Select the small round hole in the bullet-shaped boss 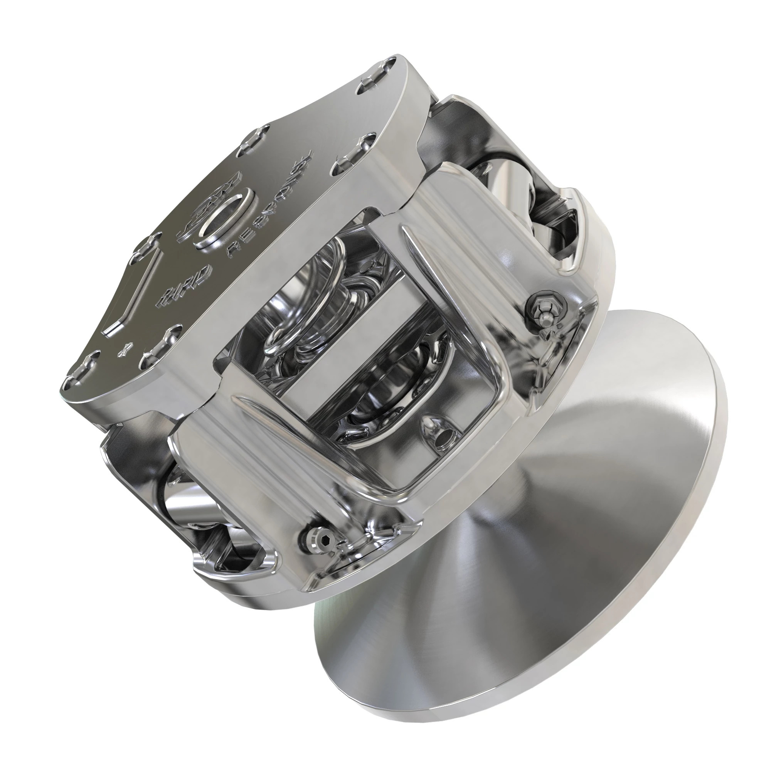tap(442, 432)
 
